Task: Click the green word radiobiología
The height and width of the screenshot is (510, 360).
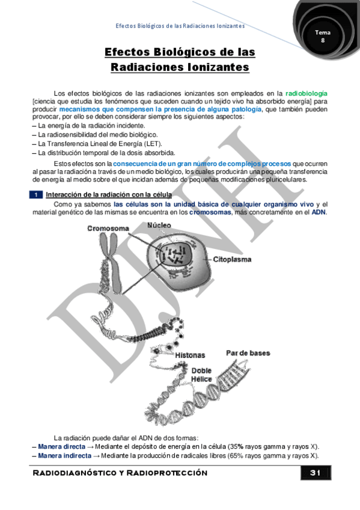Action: tap(307, 94)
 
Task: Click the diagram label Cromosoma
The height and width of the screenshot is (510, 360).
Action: tap(108, 229)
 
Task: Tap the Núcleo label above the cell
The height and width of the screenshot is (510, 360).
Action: tap(159, 225)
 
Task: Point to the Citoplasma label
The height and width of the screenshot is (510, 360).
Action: tap(233, 259)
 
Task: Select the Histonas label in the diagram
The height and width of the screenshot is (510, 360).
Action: tap(189, 355)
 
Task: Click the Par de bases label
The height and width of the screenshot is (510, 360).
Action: tap(248, 353)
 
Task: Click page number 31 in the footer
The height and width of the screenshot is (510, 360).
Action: tap(314, 473)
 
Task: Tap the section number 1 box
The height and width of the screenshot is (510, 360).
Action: tap(36, 195)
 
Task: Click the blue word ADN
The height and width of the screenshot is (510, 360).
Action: tap(319, 212)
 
